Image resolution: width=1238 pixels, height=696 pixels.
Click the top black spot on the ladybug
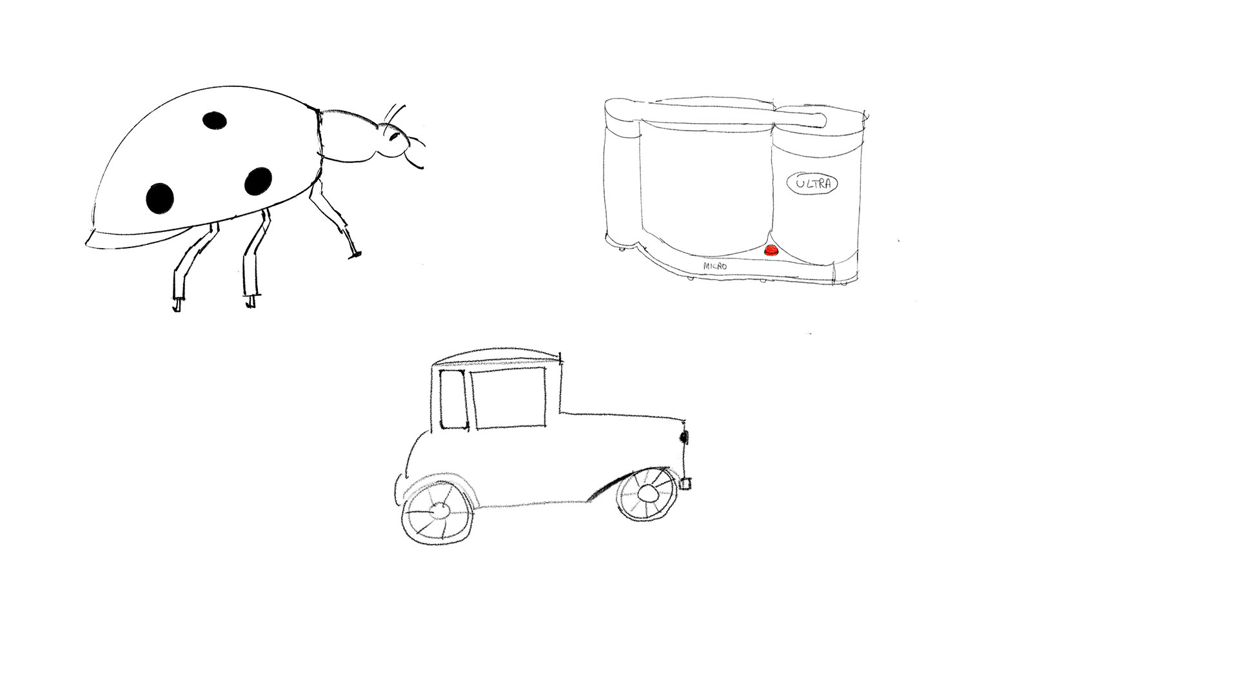(214, 120)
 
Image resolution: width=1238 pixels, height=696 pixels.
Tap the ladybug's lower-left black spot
(160, 197)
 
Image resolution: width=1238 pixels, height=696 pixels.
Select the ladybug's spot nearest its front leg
(258, 181)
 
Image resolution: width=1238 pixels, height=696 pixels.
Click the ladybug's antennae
(393, 116)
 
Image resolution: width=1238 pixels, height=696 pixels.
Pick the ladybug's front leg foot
(355, 255)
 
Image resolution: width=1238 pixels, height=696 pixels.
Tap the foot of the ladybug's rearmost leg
(177, 304)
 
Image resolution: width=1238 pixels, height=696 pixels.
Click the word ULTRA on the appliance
(814, 184)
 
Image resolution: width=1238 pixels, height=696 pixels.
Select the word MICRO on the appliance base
(715, 266)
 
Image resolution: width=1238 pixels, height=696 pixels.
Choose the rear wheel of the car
(438, 510)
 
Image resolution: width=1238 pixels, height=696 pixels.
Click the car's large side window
(509, 399)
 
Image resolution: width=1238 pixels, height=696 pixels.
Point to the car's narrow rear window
(453, 400)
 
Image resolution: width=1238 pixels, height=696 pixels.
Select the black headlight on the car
(684, 437)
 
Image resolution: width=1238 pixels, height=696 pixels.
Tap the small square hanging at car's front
(686, 483)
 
